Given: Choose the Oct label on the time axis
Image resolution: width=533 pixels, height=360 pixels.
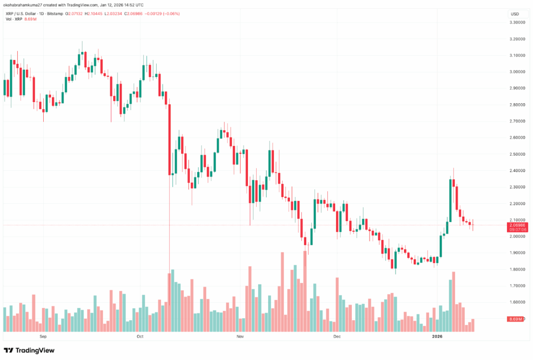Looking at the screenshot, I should pyautogui.click(x=139, y=337).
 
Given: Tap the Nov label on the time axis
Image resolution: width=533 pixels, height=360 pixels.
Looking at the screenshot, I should pyautogui.click(x=240, y=337).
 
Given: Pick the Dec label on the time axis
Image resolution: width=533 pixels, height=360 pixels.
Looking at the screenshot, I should pyautogui.click(x=337, y=337).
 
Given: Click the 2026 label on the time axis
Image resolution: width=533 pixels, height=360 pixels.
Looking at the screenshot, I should pyautogui.click(x=437, y=337).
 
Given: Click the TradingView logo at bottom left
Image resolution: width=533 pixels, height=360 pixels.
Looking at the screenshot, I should pyautogui.click(x=29, y=351).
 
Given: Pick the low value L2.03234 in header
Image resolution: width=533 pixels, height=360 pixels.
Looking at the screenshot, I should pyautogui.click(x=130, y=12).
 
